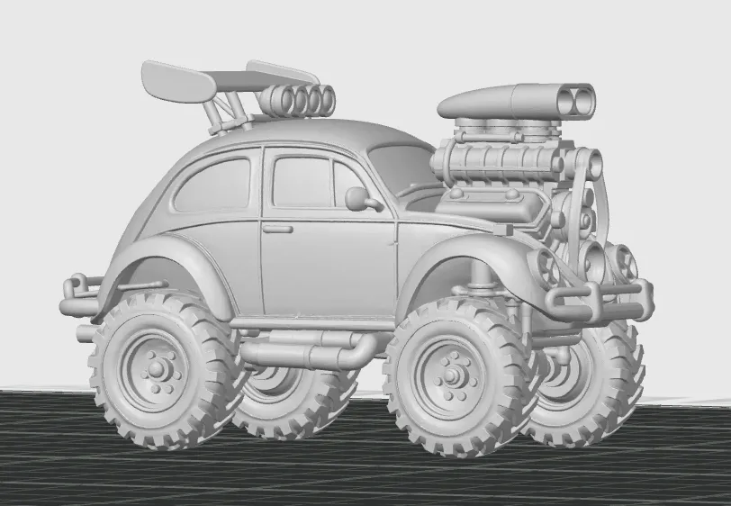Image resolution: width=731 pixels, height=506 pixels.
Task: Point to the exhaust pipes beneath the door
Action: click(306, 351)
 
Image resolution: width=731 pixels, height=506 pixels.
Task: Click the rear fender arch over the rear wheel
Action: click(162, 261)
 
